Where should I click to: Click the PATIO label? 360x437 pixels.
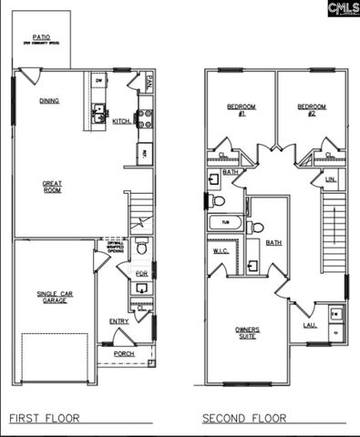(x=41, y=39)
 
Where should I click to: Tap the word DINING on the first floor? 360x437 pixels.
(x=49, y=101)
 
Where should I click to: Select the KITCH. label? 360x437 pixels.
(x=122, y=120)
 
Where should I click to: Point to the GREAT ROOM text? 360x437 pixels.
(x=52, y=188)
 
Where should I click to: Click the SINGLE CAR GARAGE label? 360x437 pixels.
(x=53, y=297)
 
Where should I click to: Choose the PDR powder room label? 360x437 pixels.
(x=141, y=273)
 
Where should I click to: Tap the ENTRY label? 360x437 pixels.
(x=119, y=320)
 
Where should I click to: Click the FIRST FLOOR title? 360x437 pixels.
(x=43, y=419)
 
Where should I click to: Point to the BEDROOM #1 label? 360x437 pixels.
(x=241, y=111)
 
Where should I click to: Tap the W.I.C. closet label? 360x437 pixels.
(x=221, y=249)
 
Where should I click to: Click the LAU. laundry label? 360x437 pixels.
(x=309, y=325)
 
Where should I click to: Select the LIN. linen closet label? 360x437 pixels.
(x=331, y=179)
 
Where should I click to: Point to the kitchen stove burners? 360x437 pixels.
(x=143, y=117)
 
